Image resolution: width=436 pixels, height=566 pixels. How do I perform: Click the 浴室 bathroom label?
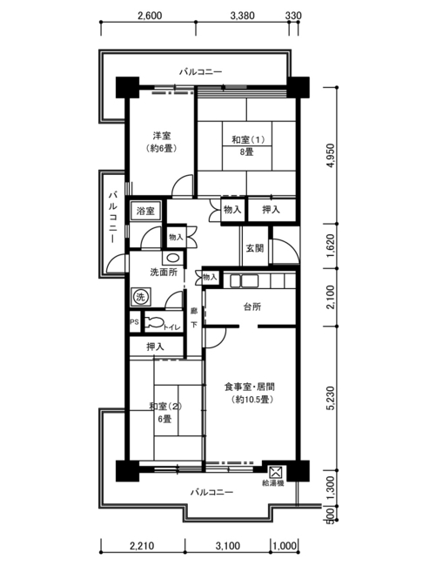[145, 212]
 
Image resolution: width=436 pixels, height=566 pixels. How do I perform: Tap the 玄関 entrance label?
[255, 248]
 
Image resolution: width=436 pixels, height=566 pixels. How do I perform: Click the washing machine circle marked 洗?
[140, 297]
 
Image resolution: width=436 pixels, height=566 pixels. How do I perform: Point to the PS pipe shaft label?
[135, 321]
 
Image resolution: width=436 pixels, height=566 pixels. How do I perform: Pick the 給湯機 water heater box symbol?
[276, 471]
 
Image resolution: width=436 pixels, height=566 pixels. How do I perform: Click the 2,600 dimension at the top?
[150, 16]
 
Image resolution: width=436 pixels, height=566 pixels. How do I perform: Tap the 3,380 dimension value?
[242, 16]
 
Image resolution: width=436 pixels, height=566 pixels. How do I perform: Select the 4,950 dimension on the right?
[331, 156]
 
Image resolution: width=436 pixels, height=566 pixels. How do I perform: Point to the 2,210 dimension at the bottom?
[142, 545]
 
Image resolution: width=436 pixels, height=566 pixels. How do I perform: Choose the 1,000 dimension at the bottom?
[285, 545]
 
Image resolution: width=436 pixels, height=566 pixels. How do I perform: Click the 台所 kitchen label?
[252, 307]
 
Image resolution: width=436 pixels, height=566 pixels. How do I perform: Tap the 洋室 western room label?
[162, 136]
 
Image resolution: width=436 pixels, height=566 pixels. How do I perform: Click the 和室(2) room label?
[165, 406]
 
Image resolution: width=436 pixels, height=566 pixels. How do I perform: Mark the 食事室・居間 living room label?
[250, 387]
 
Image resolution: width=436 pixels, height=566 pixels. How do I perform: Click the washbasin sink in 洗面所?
[173, 258]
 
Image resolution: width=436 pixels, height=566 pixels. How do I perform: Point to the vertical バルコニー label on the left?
[113, 218]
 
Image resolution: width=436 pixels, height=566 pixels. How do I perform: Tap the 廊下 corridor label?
[194, 318]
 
